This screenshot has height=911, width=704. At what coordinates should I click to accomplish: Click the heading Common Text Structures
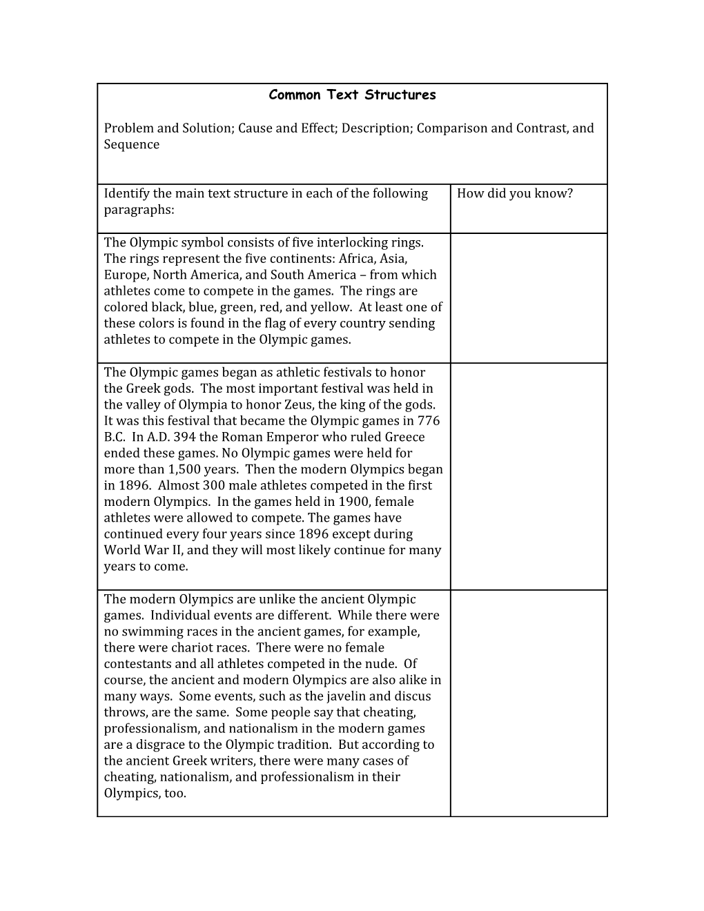tap(352, 95)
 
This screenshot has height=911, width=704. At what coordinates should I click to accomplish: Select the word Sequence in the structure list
tap(132, 144)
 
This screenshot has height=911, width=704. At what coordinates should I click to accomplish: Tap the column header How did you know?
tap(515, 193)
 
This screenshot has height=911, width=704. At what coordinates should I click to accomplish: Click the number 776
tap(428, 421)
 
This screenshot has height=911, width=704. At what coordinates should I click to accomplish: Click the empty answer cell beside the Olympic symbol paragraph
tap(529, 297)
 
